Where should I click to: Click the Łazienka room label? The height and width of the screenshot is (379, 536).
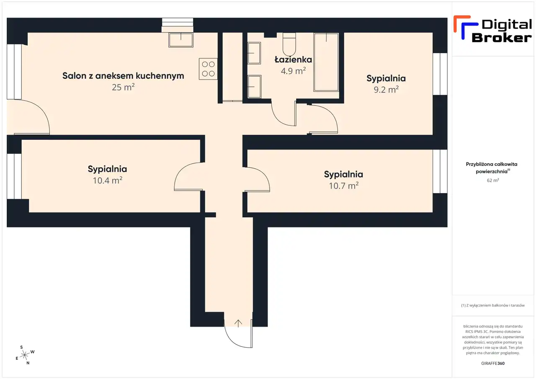coord(293,59)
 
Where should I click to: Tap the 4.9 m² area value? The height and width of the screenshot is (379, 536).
coord(293,71)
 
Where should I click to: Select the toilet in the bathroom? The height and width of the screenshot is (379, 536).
coord(289,44)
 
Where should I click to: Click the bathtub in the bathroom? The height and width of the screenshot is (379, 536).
coord(326,62)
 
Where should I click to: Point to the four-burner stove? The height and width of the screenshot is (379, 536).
coord(208,69)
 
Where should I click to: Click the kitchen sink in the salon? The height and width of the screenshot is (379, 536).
coord(180,40)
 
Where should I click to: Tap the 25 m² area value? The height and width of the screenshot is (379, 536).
coord(123,87)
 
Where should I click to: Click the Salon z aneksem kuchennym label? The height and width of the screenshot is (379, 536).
coord(123,76)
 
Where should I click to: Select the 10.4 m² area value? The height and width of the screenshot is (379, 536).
coord(108,180)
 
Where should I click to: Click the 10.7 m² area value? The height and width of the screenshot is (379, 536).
coord(344,186)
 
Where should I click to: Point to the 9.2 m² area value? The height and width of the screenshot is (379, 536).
coord(386,90)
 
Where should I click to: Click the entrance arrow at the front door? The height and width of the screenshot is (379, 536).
coord(238,323)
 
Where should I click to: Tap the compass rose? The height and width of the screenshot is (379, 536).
coord(25,355)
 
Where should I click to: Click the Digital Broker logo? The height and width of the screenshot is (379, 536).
coord(493,29)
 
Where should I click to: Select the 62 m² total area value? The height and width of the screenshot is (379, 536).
coord(493,180)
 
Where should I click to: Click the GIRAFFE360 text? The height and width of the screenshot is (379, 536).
coord(493,363)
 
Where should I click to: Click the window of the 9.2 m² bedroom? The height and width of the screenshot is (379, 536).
coord(440,74)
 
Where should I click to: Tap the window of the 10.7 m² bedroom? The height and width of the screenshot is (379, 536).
coord(440,171)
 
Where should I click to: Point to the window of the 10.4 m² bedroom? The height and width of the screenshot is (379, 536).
coord(14,176)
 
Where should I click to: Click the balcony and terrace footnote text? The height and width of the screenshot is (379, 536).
coord(493,305)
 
